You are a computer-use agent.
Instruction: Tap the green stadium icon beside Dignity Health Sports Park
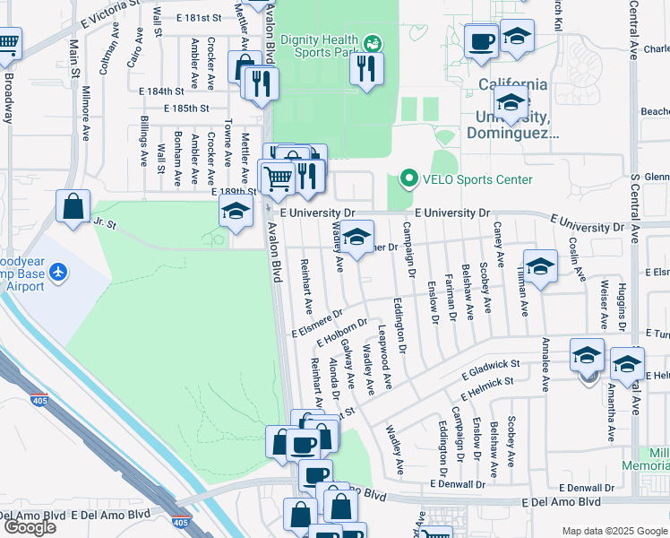pos(373,41)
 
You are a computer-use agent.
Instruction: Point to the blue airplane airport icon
pos(59,270)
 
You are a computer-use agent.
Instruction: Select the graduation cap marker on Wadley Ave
pos(356,238)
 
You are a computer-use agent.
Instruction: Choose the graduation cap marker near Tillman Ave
pos(540,266)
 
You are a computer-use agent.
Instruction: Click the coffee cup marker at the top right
pos(481,40)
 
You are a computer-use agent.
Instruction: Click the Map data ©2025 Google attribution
pos(614,531)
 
